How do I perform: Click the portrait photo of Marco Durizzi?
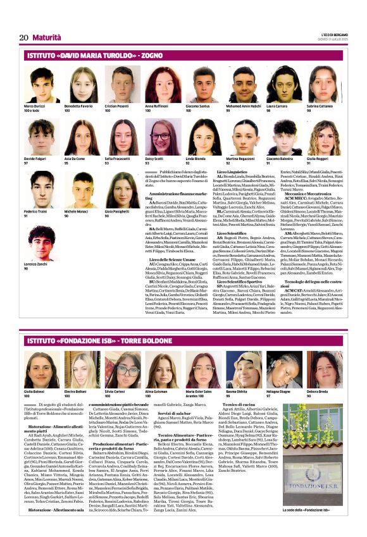42,85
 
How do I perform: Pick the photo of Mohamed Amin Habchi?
242,85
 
